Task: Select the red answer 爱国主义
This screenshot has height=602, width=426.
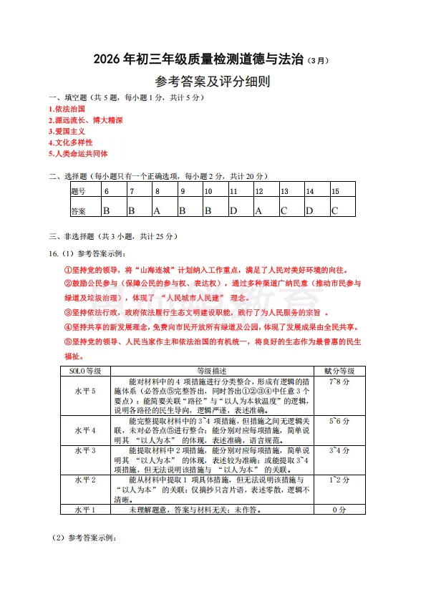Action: click(68, 132)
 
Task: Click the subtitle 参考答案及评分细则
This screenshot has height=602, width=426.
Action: click(213, 82)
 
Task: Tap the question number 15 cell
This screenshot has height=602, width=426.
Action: click(335, 192)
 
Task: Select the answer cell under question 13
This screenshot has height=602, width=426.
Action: click(284, 210)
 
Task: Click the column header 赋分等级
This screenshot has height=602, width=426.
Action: click(339, 372)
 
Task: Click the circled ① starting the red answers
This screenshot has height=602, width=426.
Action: click(69, 270)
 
